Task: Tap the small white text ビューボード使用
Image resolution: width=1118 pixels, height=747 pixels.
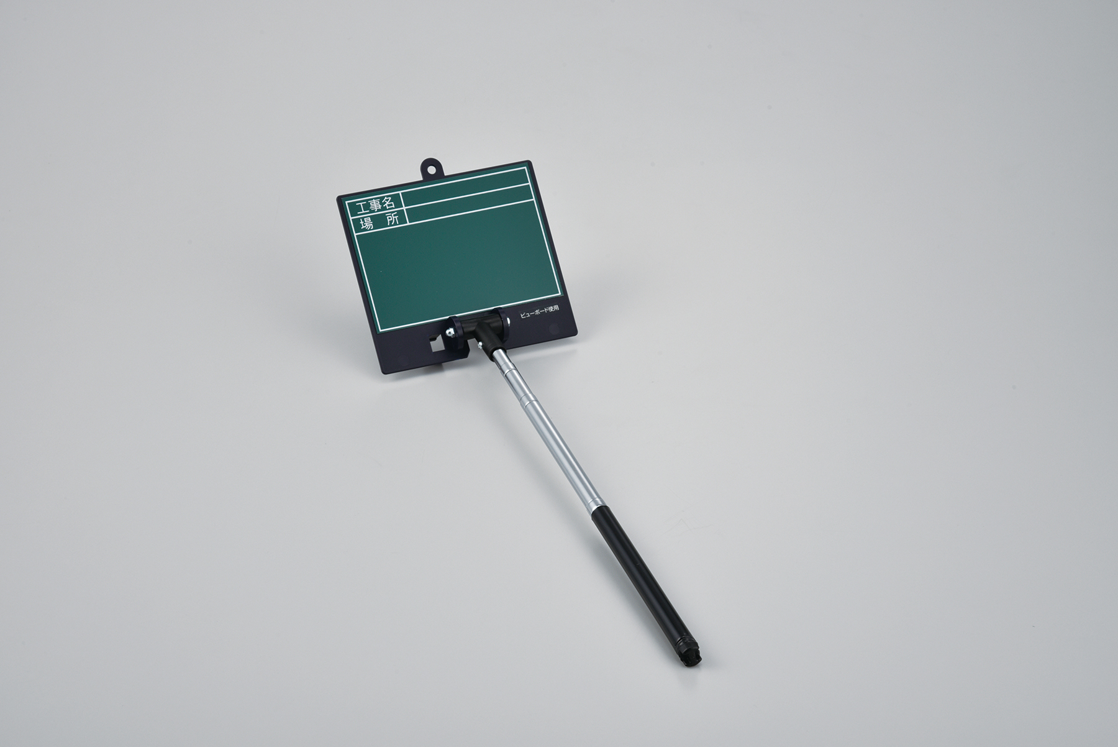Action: [x=540, y=306]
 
